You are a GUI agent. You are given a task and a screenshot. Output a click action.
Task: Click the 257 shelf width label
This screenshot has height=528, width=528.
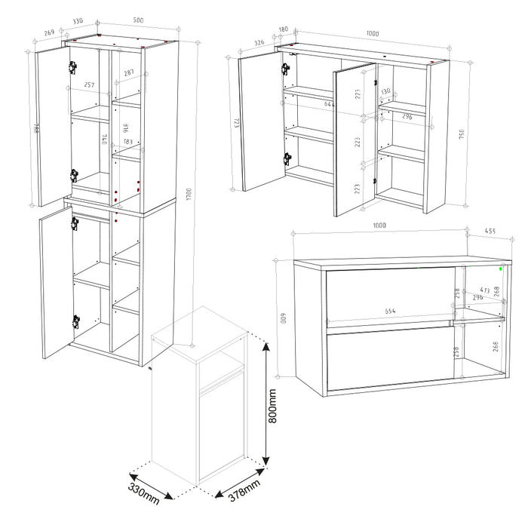click(x=89, y=85)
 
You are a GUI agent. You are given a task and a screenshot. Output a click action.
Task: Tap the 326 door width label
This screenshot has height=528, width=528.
click(x=259, y=43)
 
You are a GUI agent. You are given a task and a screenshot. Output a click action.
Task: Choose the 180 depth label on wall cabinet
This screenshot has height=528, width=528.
click(x=284, y=31)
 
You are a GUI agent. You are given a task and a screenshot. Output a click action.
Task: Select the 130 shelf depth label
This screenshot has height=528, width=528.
click(x=386, y=91)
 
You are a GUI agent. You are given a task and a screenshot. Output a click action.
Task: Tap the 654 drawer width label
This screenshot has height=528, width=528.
click(x=389, y=311)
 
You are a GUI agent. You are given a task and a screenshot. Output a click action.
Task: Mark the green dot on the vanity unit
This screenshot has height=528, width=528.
click(x=502, y=266)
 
